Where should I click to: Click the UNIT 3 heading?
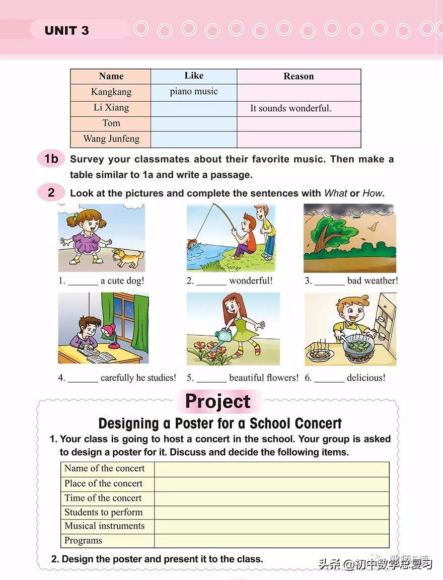[x=66, y=30]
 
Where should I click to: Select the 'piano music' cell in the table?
[x=194, y=92]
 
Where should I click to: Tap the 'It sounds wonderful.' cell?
[x=290, y=108]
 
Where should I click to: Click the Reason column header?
[x=299, y=77]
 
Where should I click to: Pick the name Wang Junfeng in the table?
[x=111, y=138]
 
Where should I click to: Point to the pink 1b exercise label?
[x=51, y=159]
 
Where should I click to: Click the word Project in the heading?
[x=217, y=401]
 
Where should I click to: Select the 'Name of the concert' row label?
[x=105, y=469]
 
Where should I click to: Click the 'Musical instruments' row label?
[x=105, y=526]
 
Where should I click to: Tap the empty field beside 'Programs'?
[x=271, y=541]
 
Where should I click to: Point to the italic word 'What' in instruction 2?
[x=336, y=193]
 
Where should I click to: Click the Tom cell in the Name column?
[x=111, y=123]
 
